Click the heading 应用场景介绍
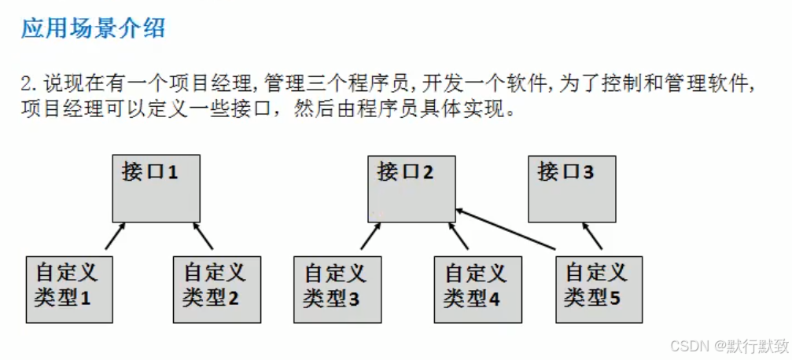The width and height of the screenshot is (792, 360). click(93, 29)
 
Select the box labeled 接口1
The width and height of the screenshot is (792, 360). click(156, 189)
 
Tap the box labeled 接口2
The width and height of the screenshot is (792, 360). click(411, 189)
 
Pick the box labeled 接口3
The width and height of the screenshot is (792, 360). click(572, 189)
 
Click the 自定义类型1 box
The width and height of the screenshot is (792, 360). click(68, 288)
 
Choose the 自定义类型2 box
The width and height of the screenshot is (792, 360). click(216, 288)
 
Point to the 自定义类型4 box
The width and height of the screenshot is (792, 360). click(477, 288)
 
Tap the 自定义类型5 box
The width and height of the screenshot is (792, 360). click(599, 288)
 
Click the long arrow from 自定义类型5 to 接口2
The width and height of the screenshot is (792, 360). click(507, 233)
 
